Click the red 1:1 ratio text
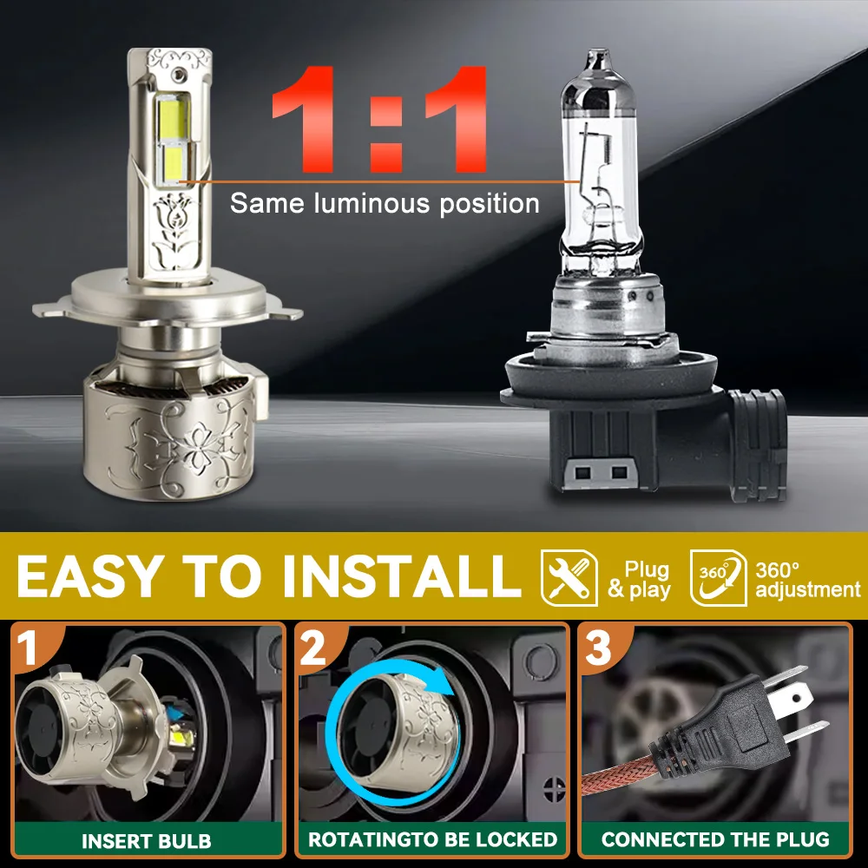point(379,119)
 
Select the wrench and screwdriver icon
point(569,577)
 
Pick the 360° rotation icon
point(719,577)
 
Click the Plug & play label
point(640,579)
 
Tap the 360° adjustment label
point(807,580)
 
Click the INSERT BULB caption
point(147,841)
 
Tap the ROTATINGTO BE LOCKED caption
point(432,839)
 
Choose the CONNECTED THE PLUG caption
point(715,839)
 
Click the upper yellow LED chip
point(174,118)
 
